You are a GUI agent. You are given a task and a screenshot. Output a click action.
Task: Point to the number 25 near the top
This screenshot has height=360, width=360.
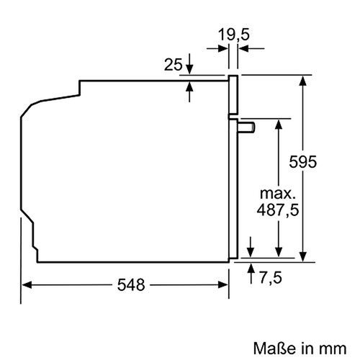coord(172,66)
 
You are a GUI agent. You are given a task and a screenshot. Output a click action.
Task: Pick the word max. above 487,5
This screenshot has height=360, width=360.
coord(276,194)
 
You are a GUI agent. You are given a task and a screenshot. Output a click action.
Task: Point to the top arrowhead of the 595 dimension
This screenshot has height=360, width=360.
coord(304,80)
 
